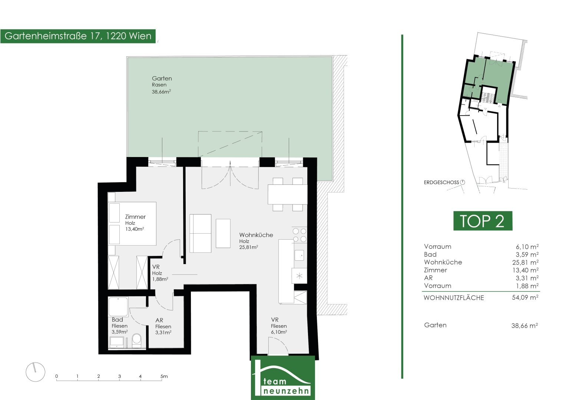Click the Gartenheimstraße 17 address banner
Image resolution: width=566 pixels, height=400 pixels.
click(78, 36)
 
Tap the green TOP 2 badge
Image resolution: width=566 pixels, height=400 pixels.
click(483, 221)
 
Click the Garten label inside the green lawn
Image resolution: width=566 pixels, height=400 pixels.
click(162, 78)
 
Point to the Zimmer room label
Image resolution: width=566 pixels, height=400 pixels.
click(135, 217)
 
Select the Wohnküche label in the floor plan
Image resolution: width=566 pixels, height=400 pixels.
click(256, 235)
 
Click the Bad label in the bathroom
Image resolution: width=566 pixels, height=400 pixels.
click(117, 319)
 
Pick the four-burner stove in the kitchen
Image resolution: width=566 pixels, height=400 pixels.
click(299, 235)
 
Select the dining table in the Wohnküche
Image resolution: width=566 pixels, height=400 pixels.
click(288, 194)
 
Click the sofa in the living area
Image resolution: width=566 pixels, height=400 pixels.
click(201, 233)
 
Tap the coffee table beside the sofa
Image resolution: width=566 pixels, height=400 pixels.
click(223, 233)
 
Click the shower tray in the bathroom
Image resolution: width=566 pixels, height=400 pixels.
click(118, 307)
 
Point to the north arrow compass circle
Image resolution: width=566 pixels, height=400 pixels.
click(35, 372)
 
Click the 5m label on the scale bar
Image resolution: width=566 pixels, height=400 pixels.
click(164, 376)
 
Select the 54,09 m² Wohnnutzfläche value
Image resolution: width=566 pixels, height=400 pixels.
click(525, 297)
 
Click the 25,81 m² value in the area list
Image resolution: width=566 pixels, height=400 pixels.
click(525, 262)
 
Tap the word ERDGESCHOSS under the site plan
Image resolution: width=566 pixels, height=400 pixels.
click(441, 182)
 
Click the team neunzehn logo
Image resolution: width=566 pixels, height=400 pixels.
click(283, 378)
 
